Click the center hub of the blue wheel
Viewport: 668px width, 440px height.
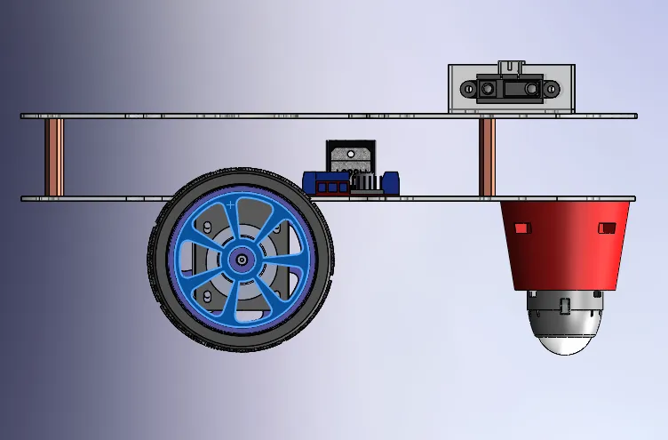click(x=242, y=260)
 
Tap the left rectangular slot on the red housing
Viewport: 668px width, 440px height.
click(x=521, y=228)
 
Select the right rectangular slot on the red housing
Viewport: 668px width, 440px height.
click(x=607, y=228)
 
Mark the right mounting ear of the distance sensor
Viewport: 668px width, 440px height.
click(x=551, y=89)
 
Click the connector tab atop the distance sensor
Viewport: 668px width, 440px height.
click(x=511, y=67)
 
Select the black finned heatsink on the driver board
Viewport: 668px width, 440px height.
click(x=366, y=183)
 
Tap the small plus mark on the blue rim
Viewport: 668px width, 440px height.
click(x=231, y=204)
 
